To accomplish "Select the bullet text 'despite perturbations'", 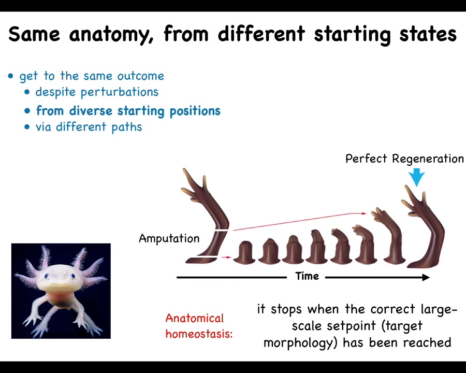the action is (x=97, y=92).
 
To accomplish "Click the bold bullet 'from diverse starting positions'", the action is (x=128, y=111).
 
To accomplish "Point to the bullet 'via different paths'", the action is (x=89, y=127).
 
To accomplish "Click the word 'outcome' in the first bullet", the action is (x=140, y=76).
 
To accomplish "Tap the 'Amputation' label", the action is (x=169, y=238).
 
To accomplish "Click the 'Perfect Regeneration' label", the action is (x=404, y=159).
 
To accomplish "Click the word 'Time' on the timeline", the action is (x=307, y=276).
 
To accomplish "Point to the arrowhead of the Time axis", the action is (x=426, y=278).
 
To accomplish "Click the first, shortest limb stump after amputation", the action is (x=244, y=252).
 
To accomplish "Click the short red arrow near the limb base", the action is (x=226, y=257).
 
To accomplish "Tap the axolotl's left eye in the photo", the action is (x=47, y=276).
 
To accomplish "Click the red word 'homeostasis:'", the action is (x=199, y=334).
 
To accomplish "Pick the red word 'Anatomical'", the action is (x=194, y=318).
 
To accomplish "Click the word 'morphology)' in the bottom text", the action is (x=300, y=343).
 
